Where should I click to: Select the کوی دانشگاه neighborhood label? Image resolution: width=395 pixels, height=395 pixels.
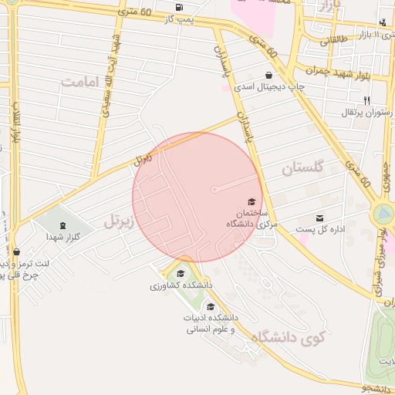[295, 336]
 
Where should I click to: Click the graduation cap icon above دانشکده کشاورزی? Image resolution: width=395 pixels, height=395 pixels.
[181, 273]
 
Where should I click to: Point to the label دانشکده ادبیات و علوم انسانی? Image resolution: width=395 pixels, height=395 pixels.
[210, 322]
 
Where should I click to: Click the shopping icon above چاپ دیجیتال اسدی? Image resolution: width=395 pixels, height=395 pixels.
[268, 75]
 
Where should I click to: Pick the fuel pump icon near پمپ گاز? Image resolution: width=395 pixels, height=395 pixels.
[180, 8]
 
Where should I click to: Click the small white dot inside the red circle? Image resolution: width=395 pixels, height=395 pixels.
[214, 189]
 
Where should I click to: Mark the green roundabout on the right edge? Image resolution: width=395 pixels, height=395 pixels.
[382, 214]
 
